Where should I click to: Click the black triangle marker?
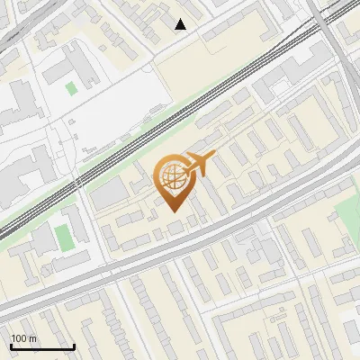(181, 24)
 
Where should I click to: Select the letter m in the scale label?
(33, 337)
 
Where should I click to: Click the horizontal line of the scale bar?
(41, 346)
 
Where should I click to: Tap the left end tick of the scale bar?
(11, 345)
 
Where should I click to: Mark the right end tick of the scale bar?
(73, 345)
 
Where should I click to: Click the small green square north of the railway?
(71, 88)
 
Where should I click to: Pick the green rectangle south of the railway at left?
(62, 237)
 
